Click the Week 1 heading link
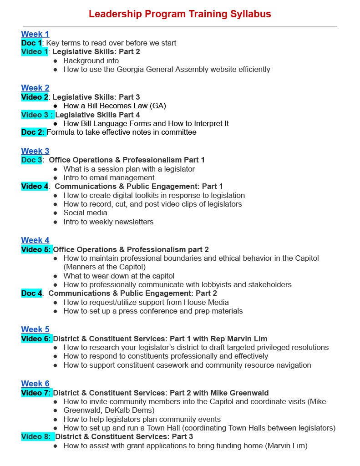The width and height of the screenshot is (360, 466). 35,34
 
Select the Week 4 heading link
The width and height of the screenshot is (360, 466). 35,240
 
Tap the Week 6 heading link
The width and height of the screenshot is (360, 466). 35,384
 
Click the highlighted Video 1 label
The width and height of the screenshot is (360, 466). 35,52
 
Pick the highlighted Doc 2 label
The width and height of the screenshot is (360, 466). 33,132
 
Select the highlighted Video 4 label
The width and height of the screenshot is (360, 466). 35,186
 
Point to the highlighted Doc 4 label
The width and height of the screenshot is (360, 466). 32,294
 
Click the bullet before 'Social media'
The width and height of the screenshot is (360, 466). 56,213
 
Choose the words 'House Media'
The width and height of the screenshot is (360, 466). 206,303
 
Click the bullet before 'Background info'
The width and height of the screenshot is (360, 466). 56,61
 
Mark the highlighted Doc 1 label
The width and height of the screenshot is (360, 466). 32,43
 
